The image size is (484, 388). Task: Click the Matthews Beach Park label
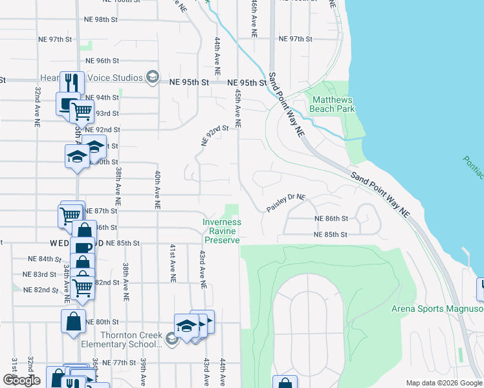coord(333,104)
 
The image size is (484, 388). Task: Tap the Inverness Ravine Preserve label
coord(221,231)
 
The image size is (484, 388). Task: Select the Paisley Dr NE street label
coord(285,205)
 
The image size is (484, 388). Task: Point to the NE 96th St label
coord(104,61)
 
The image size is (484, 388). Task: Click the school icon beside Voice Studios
coord(153,78)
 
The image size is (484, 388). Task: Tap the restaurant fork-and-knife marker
coord(72,83)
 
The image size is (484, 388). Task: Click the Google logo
coord(21,380)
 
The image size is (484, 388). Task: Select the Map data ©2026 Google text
coord(443,382)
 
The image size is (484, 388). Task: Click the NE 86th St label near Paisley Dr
coord(331,219)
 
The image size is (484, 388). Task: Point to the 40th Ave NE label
coord(156,190)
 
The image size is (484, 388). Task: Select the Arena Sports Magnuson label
coord(437,308)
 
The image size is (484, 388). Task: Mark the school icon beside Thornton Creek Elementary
coord(171,339)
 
